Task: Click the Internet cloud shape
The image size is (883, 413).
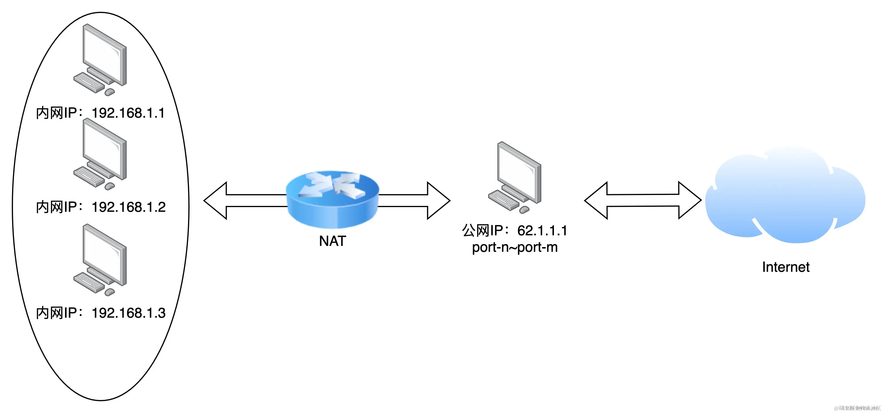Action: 785,199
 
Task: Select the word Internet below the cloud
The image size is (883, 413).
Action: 786,267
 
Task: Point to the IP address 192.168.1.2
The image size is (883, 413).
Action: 129,207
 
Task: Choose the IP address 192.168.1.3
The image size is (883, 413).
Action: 129,313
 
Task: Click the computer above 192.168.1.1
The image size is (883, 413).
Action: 103,56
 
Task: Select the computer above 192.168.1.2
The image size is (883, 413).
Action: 103,151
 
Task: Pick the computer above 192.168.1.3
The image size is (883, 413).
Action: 103,257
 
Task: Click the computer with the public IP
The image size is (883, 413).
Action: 518,175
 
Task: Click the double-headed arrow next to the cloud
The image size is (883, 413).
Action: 643,200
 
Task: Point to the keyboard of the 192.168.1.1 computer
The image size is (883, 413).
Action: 88,82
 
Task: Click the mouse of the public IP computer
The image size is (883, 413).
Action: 524,209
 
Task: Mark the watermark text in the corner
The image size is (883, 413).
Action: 857,408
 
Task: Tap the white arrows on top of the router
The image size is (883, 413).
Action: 333,185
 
